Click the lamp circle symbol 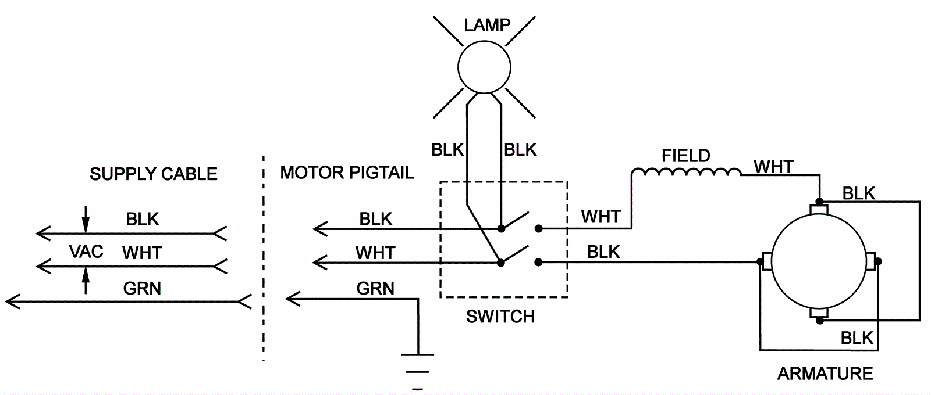click(x=484, y=67)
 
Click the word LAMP click(x=487, y=25)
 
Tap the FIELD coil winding click(x=687, y=173)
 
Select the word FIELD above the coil click(x=686, y=156)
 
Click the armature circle click(x=819, y=262)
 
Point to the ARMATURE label click(x=825, y=373)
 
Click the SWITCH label click(x=500, y=316)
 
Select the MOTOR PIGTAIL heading click(x=347, y=173)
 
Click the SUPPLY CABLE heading click(x=154, y=174)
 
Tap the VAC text click(x=86, y=252)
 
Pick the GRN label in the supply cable click(x=142, y=288)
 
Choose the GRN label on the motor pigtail click(x=375, y=288)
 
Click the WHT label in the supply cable click(x=142, y=253)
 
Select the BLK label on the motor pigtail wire click(x=376, y=219)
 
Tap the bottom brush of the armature click(x=819, y=314)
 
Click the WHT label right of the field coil click(x=773, y=167)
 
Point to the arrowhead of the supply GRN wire click(x=12, y=301)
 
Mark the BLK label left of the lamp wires click(x=447, y=150)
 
